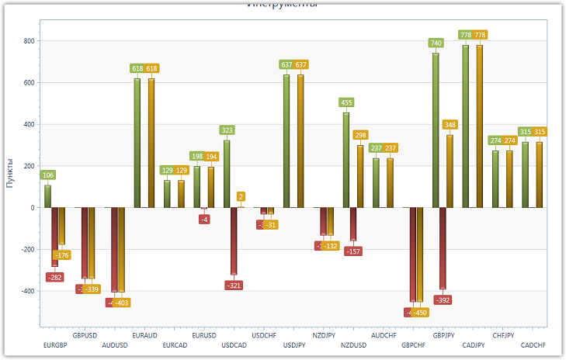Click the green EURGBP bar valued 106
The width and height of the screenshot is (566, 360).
tap(47, 196)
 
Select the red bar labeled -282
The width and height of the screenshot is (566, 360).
tap(55, 237)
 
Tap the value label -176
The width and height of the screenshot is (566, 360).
tap(62, 255)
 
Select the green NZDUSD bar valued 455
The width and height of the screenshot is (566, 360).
tap(346, 160)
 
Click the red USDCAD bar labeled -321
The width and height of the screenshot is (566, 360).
tap(234, 241)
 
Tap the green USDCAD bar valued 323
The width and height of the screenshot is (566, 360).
tap(227, 174)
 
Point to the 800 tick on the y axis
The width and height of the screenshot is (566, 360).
tap(29, 41)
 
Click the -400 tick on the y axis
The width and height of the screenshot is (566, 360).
tap(26, 291)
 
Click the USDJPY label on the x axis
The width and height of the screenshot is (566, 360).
tap(294, 345)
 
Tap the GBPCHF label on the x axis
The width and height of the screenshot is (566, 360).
tap(414, 345)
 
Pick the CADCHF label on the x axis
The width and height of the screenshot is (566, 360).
tap(533, 345)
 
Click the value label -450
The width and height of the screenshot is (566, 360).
tap(419, 313)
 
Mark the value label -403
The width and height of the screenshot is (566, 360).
tap(121, 303)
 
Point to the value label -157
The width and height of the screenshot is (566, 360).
tap(353, 251)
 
